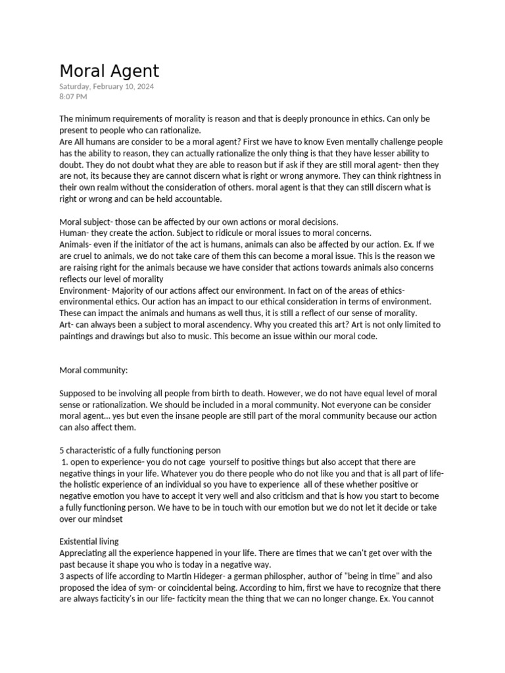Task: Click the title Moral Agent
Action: (x=109, y=70)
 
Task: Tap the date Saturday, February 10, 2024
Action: (x=107, y=87)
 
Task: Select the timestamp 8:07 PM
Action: (x=73, y=97)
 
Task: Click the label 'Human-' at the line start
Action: (x=76, y=233)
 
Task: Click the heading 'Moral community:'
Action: (x=93, y=370)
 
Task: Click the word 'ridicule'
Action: (x=224, y=233)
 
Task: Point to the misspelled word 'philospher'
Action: (x=290, y=576)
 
